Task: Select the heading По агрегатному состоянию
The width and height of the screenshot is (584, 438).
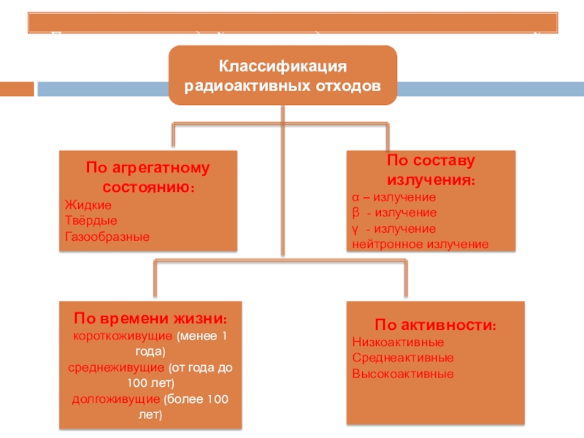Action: pos(147,177)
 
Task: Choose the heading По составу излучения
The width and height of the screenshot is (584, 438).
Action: pos(429,170)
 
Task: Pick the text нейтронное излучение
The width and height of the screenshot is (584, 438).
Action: pos(420,245)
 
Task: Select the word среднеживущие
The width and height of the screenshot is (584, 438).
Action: pos(117,367)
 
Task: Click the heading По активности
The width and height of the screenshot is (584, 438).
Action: pos(436,325)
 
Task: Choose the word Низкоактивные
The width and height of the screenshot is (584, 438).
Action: pos(398,342)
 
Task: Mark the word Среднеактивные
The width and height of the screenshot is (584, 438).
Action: pos(403,358)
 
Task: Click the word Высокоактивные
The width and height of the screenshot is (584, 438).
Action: pos(403,374)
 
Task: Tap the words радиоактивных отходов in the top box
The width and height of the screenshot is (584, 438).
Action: pos(283,85)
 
